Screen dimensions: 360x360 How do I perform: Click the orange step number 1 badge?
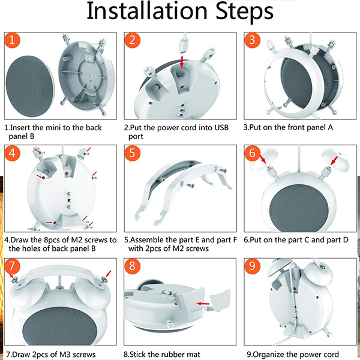coord(13,40)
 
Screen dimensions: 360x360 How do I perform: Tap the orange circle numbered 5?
coord(132,152)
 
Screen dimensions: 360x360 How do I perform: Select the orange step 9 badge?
coord(252,266)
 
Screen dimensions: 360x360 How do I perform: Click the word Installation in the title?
coord(147,11)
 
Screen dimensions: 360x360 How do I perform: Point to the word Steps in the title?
coord(245,13)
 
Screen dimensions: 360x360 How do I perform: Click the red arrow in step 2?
coord(182,62)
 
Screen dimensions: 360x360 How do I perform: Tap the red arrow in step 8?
coord(203,304)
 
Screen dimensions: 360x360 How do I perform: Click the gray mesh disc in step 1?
coord(30,86)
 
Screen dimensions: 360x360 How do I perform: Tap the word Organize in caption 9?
coord(270,355)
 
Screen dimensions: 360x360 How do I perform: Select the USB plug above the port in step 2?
coord(184,44)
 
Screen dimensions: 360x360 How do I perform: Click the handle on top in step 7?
coord(60,274)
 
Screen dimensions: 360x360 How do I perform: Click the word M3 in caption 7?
coord(65,355)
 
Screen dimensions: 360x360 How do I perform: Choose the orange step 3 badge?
coord(252,40)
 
